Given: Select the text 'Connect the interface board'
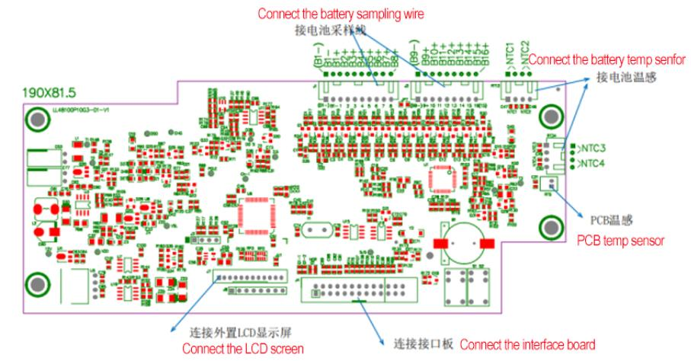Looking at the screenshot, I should pos(534,342).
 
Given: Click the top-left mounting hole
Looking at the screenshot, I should pos(36,119).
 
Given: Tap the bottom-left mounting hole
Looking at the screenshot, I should pos(36,285).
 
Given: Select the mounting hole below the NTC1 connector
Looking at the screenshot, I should pos(550,117).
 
